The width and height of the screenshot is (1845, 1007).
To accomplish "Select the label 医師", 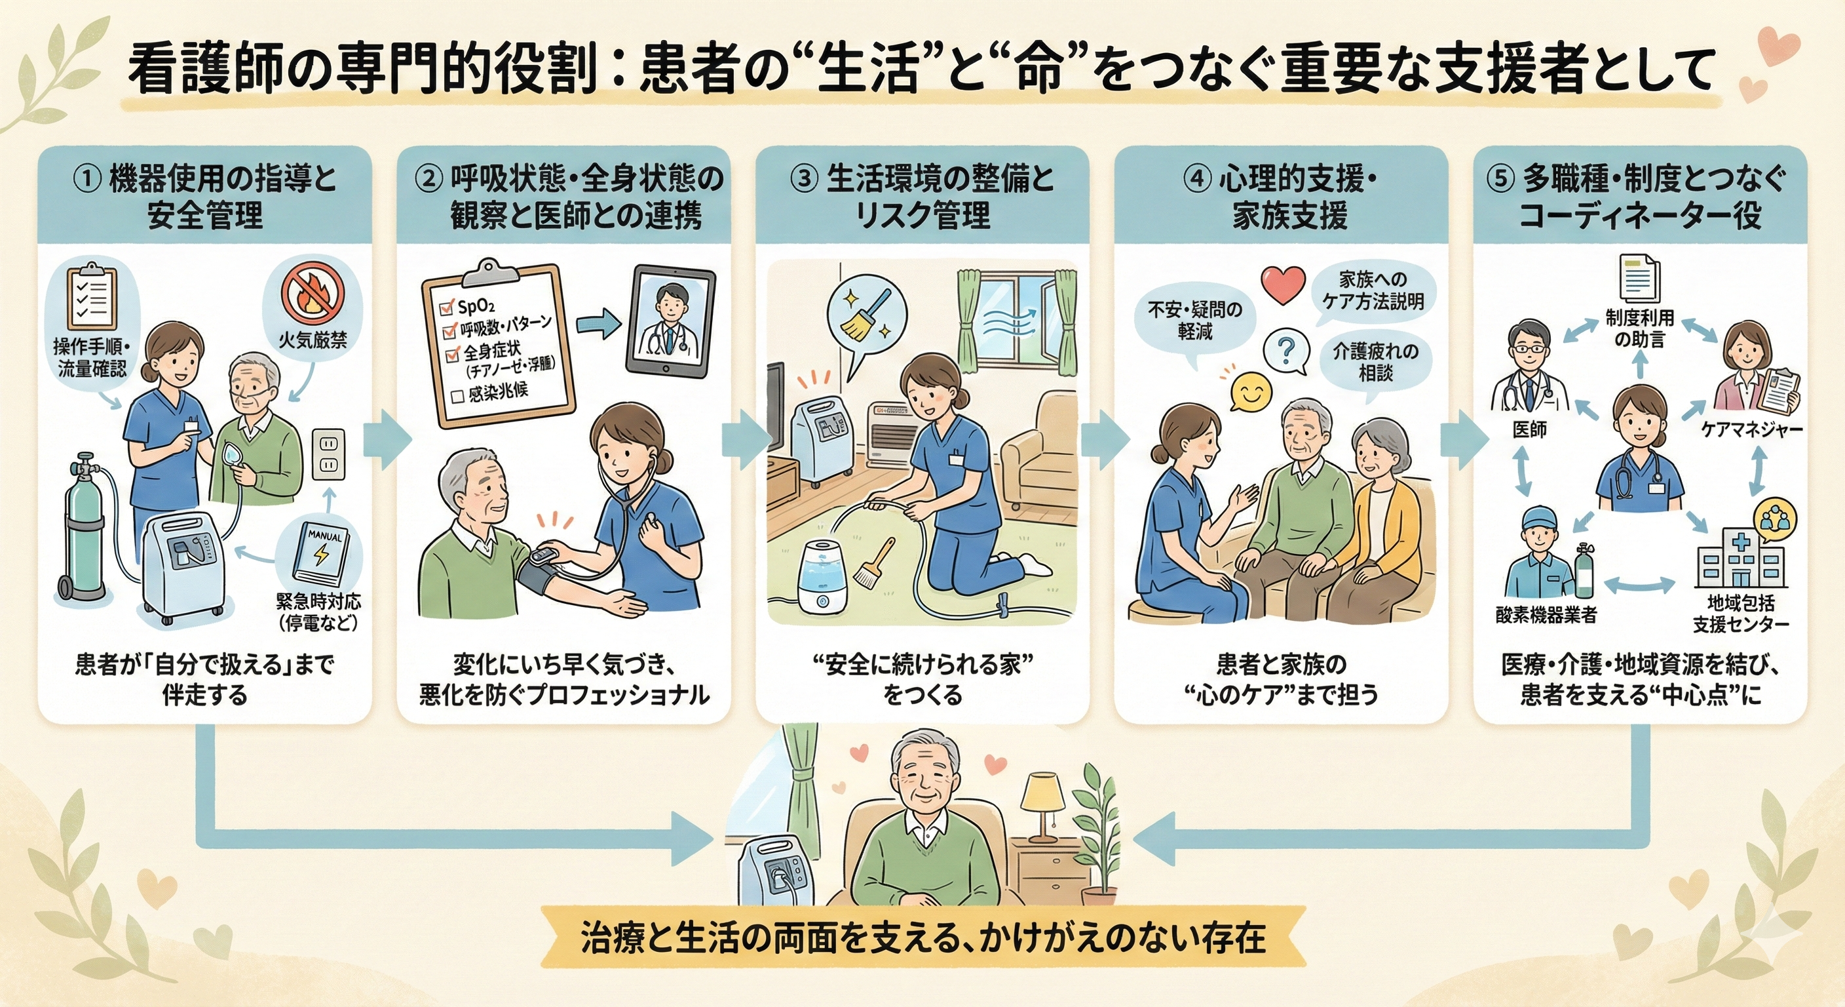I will (x=1529, y=429).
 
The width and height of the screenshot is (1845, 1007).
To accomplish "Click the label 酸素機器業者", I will (x=1546, y=616).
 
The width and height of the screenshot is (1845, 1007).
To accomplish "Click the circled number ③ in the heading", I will (x=804, y=180).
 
